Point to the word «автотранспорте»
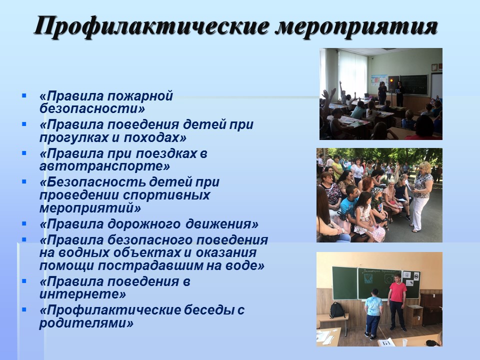[x=104, y=166]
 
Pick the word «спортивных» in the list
[x=167, y=195]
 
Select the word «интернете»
[x=82, y=294]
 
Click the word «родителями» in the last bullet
[x=86, y=323]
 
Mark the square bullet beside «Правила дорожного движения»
[x=24, y=224]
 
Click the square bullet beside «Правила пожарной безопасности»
[x=24, y=96]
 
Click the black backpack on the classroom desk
[x=337, y=310]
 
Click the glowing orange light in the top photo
[x=391, y=81]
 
